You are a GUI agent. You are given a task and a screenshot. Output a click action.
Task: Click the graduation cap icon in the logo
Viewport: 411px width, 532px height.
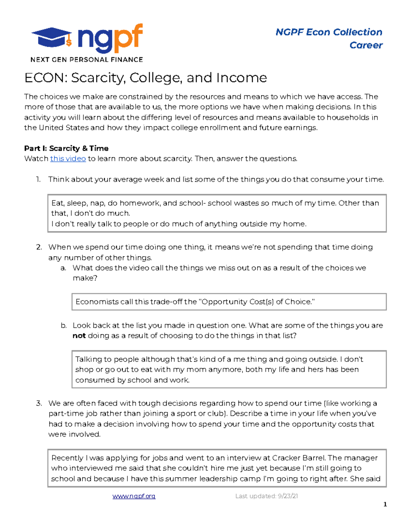pos(52,37)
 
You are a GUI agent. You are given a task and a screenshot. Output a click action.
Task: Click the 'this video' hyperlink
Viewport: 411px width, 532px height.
pos(68,159)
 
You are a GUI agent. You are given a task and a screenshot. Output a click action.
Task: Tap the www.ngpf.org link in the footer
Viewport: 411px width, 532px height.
pos(134,496)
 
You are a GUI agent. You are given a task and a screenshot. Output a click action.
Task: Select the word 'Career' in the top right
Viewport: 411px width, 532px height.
pos(366,45)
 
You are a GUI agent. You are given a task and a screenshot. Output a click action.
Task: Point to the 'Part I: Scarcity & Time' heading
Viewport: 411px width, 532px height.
pos(66,148)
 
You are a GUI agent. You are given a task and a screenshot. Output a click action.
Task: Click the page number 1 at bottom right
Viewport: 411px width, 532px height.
pos(385,504)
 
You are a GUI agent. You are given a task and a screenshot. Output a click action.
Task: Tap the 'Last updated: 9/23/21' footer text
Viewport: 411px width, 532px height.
pos(266,496)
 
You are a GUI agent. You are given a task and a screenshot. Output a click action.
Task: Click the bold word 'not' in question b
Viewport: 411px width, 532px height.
pos(79,336)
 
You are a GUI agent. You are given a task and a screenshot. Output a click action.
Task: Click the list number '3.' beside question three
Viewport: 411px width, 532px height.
pos(39,403)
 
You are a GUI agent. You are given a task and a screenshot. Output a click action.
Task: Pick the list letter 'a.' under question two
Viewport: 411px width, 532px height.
pos(63,268)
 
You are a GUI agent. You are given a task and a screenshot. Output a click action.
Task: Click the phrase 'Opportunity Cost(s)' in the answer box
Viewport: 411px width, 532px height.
pos(238,302)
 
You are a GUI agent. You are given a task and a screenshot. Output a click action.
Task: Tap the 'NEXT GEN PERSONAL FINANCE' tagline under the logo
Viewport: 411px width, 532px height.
pos(87,60)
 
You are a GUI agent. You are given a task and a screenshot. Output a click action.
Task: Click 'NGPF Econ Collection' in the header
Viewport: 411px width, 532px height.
pos(329,32)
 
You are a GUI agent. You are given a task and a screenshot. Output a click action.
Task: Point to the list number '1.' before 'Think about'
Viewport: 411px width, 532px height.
pos(38,180)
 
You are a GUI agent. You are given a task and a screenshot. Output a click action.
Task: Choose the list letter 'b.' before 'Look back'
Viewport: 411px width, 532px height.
pos(63,325)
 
